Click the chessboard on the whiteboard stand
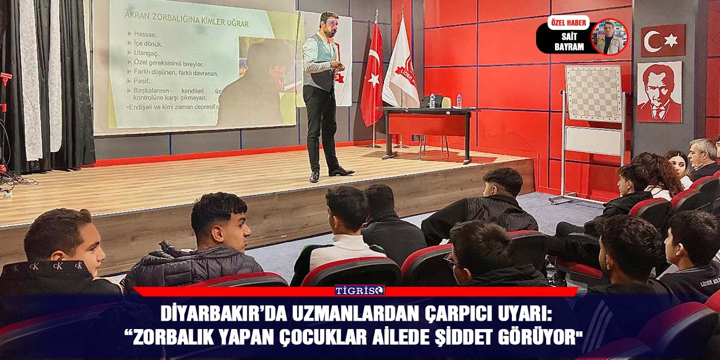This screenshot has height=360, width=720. click(x=595, y=93)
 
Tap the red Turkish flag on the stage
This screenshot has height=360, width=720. click(x=372, y=76)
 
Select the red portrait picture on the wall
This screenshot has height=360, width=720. click(x=659, y=92)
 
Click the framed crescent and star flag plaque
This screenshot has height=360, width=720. click(x=663, y=40)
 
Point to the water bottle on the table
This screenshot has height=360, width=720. click(x=459, y=101)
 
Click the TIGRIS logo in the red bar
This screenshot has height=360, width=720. click(x=359, y=290)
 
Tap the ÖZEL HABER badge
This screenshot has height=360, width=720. click(x=568, y=22)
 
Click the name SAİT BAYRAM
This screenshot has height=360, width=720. click(x=569, y=42)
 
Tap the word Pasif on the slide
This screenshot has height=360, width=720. click(x=143, y=82)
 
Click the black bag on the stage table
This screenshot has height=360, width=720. click(x=431, y=101)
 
